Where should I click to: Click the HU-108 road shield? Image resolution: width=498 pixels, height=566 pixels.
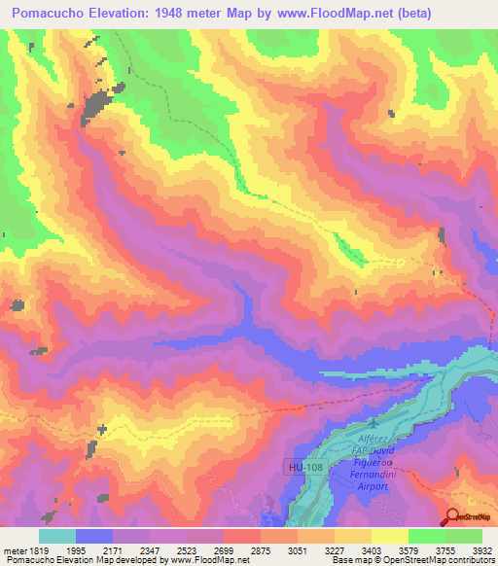pyautogui.click(x=304, y=468)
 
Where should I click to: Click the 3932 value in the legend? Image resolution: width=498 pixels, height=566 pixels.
pyautogui.click(x=482, y=549)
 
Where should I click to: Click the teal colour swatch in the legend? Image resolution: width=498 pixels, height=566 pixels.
pyautogui.click(x=57, y=536)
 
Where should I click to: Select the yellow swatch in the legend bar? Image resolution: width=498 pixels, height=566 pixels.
pyautogui.click(x=390, y=536)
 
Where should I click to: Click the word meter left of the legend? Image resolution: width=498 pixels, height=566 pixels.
pyautogui.click(x=15, y=549)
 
